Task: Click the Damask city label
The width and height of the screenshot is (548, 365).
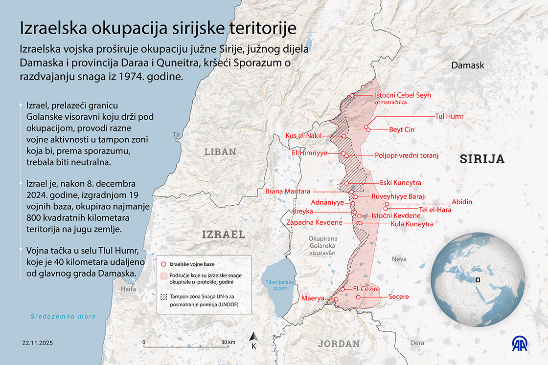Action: (467, 65)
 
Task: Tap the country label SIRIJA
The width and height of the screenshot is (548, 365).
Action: (481, 158)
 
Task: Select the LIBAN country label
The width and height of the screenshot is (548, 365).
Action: (220, 152)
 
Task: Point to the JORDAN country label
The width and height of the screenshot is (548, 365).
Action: (339, 344)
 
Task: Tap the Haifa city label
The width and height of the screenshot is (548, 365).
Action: (128, 289)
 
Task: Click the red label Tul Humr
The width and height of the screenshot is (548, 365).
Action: (449, 116)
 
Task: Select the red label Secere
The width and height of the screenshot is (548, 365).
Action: (398, 297)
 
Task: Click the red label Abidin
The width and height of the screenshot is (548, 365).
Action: (462, 202)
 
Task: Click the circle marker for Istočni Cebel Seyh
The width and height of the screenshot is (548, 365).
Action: (352, 96)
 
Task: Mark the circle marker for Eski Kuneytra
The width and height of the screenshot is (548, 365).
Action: (346, 184)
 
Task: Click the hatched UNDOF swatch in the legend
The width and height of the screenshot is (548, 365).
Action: (163, 297)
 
